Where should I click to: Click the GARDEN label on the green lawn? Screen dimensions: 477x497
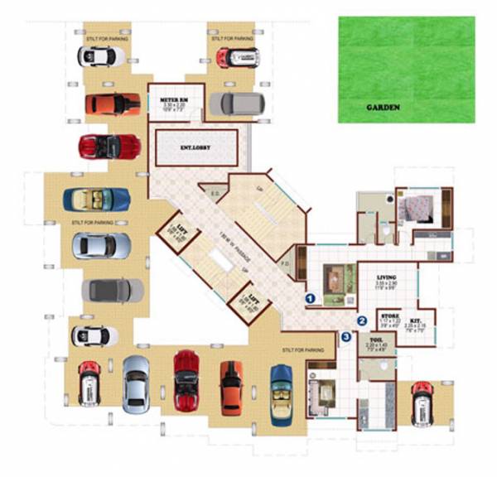tap(383, 108)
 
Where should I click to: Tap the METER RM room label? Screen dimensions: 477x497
tap(176, 100)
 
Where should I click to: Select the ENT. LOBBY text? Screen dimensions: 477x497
tap(195, 147)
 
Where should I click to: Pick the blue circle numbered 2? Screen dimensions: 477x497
tap(361, 320)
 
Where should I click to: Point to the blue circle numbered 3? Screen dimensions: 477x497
tap(346, 336)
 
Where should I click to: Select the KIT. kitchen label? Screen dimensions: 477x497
tap(417, 319)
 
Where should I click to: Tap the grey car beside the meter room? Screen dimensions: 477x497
tap(236, 104)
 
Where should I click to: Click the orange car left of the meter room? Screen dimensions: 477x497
tap(113, 104)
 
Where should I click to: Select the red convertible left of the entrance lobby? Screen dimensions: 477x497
tap(110, 147)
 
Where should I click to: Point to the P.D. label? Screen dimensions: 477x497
tap(285, 267)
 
